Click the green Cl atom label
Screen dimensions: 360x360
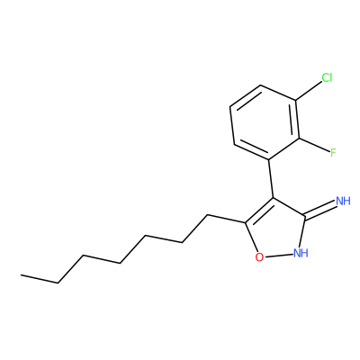(x=327, y=77)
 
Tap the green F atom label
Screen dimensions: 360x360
(x=333, y=153)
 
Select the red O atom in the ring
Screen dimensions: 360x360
(x=259, y=257)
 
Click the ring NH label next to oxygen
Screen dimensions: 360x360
(x=301, y=253)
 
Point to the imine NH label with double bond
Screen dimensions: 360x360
(x=343, y=201)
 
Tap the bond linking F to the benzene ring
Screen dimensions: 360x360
(x=314, y=145)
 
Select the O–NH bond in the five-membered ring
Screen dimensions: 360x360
(x=279, y=256)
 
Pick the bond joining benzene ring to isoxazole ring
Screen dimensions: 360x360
(x=271, y=178)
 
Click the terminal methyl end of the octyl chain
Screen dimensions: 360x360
(x=21, y=274)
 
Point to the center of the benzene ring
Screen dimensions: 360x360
(x=265, y=122)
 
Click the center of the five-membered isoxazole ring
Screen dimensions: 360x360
(x=276, y=230)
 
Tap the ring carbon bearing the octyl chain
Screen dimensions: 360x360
(x=246, y=222)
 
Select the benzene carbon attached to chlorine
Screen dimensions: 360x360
(x=295, y=101)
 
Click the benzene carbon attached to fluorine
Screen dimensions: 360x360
(x=299, y=139)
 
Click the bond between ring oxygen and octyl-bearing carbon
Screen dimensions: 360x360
(x=251, y=237)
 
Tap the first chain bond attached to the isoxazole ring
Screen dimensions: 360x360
(x=227, y=219)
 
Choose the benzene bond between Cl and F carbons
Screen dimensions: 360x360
(x=297, y=120)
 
